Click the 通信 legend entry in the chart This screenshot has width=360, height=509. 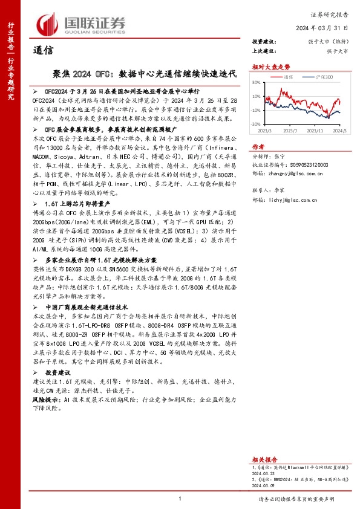[289, 77]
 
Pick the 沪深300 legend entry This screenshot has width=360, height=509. [322, 77]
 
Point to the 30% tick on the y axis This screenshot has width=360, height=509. [256, 82]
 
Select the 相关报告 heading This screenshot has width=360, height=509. [264, 459]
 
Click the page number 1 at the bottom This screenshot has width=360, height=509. [180, 499]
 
